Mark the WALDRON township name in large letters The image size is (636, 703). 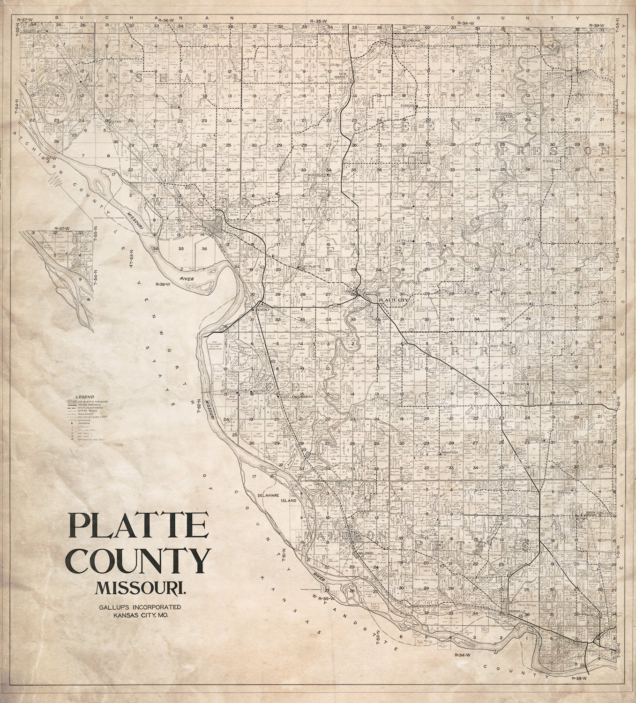click(345, 535)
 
